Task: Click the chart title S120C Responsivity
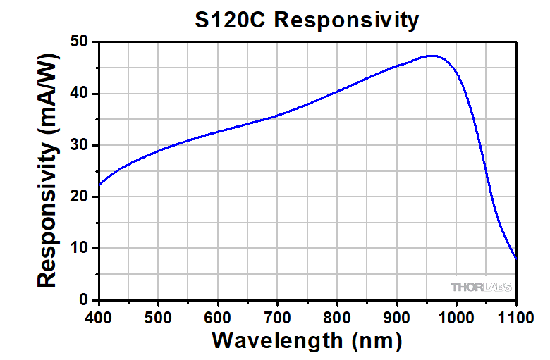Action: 307,20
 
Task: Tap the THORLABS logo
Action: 481,287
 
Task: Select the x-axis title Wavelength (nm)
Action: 307,341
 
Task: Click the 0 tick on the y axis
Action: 82,299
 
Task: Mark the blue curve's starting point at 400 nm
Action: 99,187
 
